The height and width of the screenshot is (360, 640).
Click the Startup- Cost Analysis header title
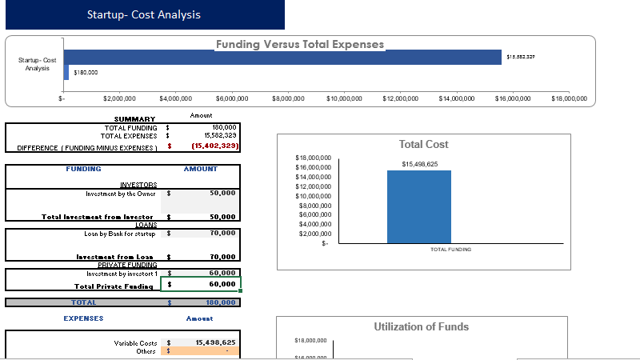point(144,15)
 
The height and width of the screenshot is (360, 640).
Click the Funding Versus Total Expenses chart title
point(300,45)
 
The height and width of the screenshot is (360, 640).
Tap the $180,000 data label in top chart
point(86,73)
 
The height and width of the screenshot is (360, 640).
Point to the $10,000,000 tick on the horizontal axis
point(344,98)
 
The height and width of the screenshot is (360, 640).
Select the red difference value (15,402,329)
point(214,146)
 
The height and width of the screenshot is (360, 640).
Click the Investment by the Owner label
point(122,193)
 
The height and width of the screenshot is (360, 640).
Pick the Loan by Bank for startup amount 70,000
point(222,233)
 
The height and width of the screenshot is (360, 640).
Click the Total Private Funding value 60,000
point(222,284)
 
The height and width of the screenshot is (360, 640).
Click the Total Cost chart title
point(423,145)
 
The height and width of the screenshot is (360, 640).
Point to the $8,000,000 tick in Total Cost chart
point(313,206)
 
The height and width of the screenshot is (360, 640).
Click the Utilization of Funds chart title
point(421,326)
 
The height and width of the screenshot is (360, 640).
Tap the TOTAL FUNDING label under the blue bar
point(450,250)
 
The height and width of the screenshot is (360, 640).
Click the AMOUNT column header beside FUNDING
point(200,169)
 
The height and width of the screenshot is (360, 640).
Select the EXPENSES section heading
point(83,318)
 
